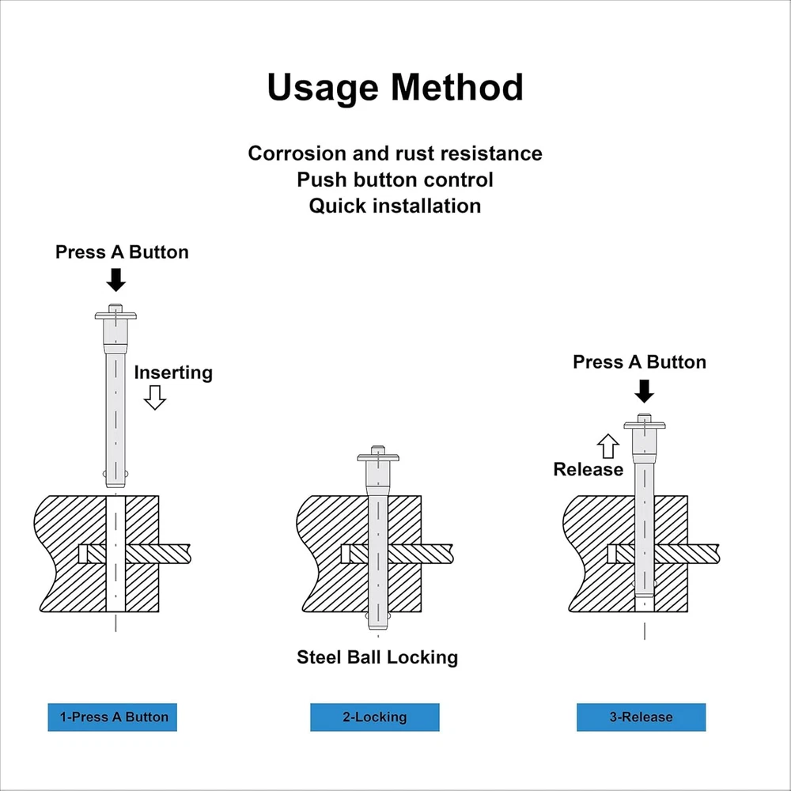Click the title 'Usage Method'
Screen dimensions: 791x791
tap(395, 87)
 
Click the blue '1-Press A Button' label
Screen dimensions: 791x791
tap(112, 717)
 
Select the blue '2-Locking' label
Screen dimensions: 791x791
tap(374, 717)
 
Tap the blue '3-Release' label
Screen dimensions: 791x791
tap(641, 717)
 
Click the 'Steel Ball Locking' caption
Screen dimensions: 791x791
tap(377, 657)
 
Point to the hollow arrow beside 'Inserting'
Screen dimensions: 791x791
tap(155, 397)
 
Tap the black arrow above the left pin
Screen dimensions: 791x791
tap(116, 279)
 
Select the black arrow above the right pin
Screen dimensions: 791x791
tap(645, 390)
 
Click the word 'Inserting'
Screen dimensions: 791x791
tap(173, 373)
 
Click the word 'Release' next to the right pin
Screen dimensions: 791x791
tap(588, 470)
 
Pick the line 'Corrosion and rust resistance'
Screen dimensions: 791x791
tap(395, 153)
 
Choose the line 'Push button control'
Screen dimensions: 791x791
tap(395, 180)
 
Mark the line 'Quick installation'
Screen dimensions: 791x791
tap(395, 206)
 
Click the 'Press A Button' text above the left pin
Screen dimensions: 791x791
tap(122, 252)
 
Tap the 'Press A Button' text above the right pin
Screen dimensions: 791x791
tap(639, 362)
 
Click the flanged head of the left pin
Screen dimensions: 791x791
tap(115, 315)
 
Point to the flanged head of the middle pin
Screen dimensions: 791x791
tap(378, 456)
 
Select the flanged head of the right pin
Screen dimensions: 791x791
tap(645, 425)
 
